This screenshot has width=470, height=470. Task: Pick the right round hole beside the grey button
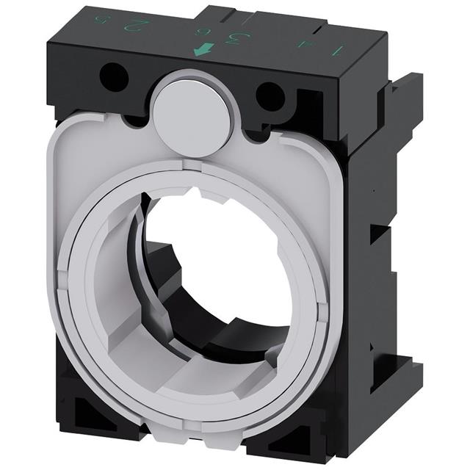(x=270, y=94)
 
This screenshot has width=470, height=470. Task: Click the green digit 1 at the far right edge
(x=338, y=51)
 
